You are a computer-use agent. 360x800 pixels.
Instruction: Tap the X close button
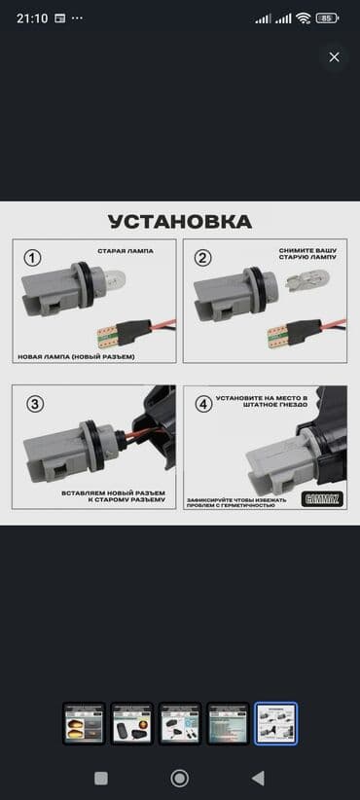coord(334,57)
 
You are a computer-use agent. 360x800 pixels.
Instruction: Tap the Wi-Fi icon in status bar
coord(304,18)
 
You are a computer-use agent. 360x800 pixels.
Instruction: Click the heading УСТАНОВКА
coord(179,222)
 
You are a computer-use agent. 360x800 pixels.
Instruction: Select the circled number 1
coord(32,258)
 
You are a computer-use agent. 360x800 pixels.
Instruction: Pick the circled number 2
coord(202,258)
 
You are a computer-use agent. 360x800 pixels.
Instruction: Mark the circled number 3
coord(34,404)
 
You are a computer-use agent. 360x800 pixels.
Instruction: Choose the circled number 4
coord(203,404)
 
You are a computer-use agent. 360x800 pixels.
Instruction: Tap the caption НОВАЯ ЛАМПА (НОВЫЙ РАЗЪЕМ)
coord(76,356)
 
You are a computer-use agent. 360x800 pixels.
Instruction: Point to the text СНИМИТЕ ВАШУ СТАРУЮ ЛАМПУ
coord(306,255)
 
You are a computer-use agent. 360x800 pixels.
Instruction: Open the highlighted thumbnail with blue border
coord(275,723)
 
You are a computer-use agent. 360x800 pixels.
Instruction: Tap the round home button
coord(179,778)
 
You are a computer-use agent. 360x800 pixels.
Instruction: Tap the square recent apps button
coord(101,778)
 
